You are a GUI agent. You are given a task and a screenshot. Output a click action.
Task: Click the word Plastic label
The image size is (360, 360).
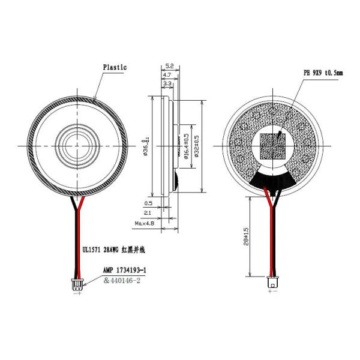click(x=115, y=68)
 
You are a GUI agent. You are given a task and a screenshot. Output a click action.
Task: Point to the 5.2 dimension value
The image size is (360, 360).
click(x=169, y=65)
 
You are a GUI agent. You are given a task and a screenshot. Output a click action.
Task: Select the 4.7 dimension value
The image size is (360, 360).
click(x=167, y=76)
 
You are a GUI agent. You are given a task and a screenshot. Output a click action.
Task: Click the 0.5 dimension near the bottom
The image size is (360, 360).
click(x=148, y=203)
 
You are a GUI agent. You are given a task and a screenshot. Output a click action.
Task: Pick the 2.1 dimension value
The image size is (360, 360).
click(x=148, y=213)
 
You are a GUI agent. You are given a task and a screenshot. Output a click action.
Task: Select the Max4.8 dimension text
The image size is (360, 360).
click(x=145, y=224)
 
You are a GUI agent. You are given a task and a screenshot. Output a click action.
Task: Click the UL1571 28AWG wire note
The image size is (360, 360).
click(x=114, y=248)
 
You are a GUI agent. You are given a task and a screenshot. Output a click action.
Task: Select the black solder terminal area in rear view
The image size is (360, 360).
click(x=271, y=177)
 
